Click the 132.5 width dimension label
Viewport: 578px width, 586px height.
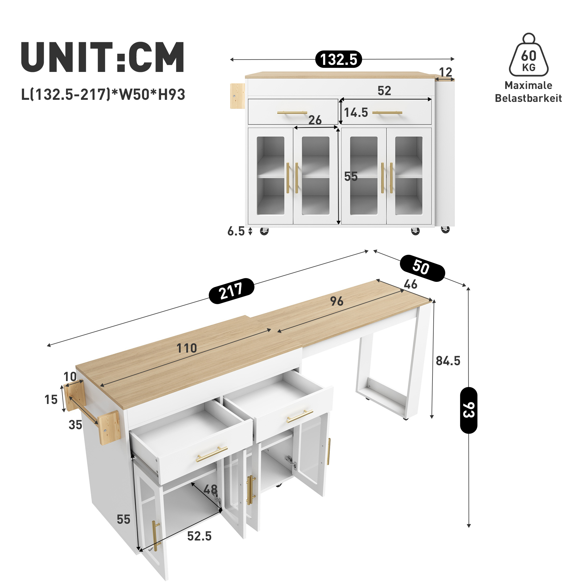[x=338, y=59]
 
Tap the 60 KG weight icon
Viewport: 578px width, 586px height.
[x=529, y=55]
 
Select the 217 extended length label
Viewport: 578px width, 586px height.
[x=231, y=291]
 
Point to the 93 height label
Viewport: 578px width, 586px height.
[x=468, y=410]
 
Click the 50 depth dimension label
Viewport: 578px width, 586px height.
[x=422, y=268]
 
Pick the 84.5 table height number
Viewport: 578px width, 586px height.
[x=448, y=361]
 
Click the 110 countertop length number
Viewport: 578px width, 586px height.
[x=187, y=348]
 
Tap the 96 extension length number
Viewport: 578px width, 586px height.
[x=337, y=301]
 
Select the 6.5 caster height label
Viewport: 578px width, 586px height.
[x=236, y=231]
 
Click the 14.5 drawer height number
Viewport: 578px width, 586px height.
[x=356, y=112]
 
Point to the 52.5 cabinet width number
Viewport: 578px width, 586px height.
[x=199, y=536]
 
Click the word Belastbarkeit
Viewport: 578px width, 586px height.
[x=528, y=98]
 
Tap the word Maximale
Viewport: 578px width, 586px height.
[x=528, y=85]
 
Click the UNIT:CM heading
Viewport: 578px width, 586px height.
[x=102, y=57]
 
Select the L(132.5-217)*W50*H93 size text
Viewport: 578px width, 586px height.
[x=103, y=94]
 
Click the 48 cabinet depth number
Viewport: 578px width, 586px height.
[x=210, y=489]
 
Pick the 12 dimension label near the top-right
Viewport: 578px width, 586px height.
[x=446, y=72]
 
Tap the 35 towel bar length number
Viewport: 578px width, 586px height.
[x=75, y=425]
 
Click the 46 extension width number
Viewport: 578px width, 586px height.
[x=410, y=284]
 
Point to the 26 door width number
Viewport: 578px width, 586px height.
[x=315, y=120]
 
